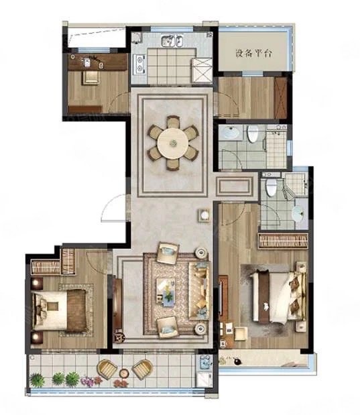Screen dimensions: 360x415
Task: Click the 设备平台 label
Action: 253,54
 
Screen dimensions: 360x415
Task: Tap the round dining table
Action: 173,143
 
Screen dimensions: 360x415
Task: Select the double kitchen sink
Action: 172,41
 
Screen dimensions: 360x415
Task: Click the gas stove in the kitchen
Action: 139,64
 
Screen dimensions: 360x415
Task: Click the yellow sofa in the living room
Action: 198,290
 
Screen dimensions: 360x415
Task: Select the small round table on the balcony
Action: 123,373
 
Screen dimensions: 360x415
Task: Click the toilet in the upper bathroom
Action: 253,133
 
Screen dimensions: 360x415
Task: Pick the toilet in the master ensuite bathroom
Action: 271,186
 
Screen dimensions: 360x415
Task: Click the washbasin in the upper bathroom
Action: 231,132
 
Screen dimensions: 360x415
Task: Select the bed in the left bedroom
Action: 59,310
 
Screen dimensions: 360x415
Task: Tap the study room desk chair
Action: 91,77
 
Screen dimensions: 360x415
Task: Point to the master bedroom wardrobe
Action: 283,241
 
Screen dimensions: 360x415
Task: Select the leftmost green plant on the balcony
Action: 37,380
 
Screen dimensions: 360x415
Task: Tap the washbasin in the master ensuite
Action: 298,213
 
